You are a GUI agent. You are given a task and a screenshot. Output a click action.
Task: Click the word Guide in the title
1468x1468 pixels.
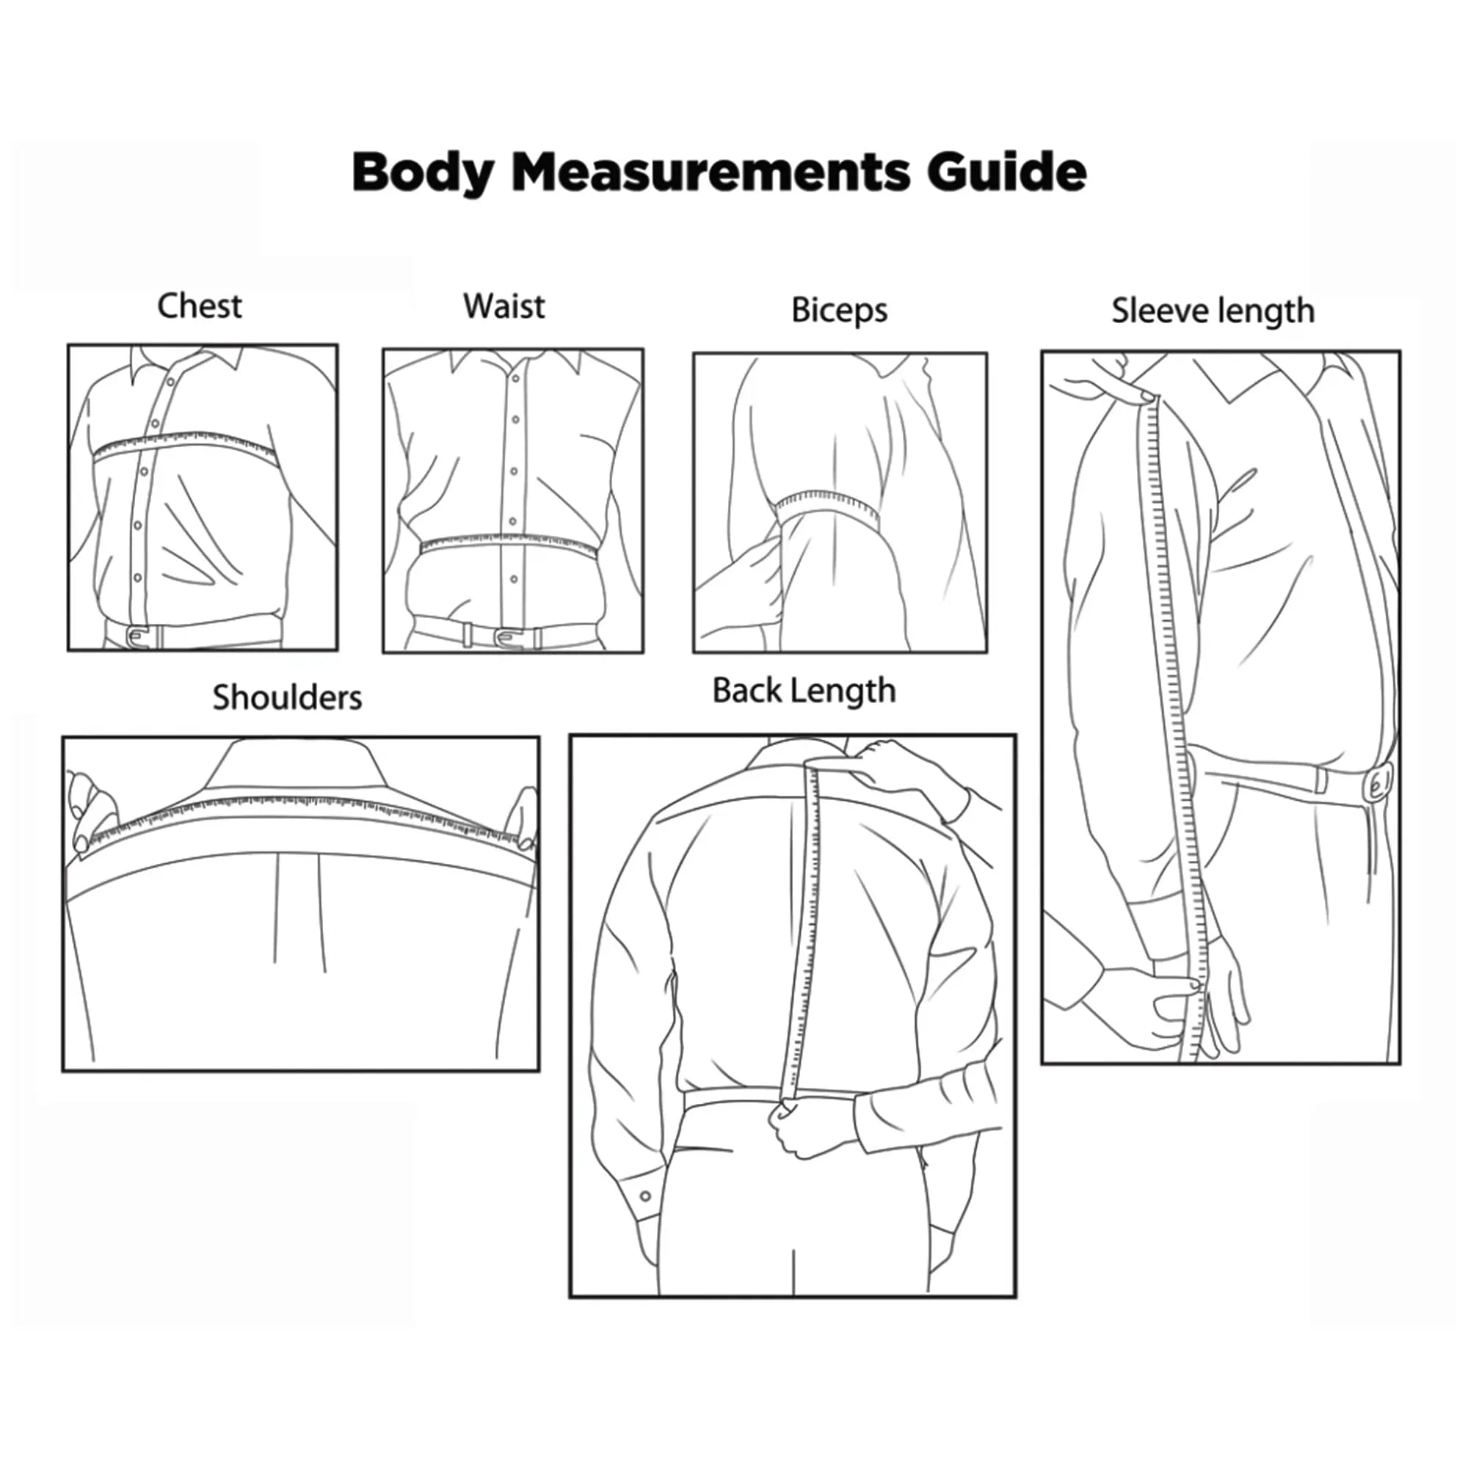1006,172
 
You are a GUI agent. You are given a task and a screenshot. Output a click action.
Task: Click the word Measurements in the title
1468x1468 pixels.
711,172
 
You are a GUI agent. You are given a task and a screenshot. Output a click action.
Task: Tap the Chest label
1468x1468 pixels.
200,306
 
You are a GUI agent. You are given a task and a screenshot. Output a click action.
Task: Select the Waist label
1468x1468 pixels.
504,306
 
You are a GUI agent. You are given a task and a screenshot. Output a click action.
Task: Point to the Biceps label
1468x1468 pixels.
840,310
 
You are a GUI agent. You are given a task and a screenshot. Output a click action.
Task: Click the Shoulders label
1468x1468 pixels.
287,697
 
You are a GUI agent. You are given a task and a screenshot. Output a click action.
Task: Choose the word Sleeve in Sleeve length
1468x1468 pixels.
1160,310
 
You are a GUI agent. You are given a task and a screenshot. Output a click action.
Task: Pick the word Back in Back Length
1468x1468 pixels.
747,691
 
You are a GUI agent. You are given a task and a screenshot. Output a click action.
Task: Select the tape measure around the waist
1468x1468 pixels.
509,542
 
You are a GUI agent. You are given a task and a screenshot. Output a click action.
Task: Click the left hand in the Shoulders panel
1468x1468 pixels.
90,811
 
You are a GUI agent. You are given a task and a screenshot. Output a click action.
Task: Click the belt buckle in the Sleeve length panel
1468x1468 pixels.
1379,784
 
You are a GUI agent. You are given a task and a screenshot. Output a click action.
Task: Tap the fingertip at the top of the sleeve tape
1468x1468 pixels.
1146,395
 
